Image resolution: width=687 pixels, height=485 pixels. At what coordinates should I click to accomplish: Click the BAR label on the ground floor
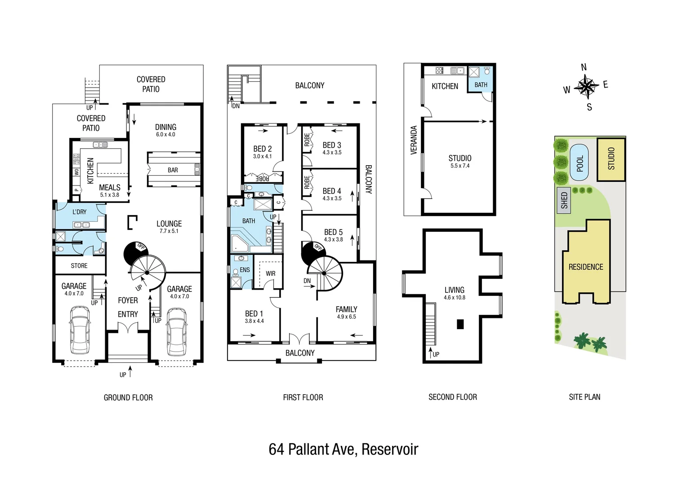(x=173, y=170)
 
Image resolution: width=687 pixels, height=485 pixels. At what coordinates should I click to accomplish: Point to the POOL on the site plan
(x=580, y=163)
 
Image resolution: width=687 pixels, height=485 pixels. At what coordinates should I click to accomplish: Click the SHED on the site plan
(x=564, y=200)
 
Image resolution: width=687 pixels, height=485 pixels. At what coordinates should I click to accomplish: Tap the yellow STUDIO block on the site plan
(x=611, y=159)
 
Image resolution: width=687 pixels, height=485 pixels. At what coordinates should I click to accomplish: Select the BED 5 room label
(x=333, y=232)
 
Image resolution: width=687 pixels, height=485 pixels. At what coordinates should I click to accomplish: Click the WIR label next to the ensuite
(x=270, y=273)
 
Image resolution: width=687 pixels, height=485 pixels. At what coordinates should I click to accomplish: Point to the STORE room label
(x=79, y=266)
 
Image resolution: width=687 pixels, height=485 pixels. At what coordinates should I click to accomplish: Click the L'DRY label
(x=79, y=212)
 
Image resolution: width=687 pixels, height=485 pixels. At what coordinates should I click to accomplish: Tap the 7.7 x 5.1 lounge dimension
(x=169, y=231)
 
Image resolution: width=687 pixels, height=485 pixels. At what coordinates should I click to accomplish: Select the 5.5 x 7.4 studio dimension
(x=459, y=166)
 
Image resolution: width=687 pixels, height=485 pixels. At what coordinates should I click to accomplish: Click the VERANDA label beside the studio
(x=414, y=140)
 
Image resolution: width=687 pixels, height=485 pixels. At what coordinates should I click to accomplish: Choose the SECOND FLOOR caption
(x=452, y=397)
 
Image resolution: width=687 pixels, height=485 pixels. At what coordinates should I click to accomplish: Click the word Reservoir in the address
(x=389, y=449)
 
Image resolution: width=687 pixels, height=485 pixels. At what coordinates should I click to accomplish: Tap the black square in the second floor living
(x=460, y=324)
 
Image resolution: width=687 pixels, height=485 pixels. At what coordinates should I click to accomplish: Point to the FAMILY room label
(x=346, y=309)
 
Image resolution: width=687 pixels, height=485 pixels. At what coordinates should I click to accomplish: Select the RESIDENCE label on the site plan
(x=585, y=267)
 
